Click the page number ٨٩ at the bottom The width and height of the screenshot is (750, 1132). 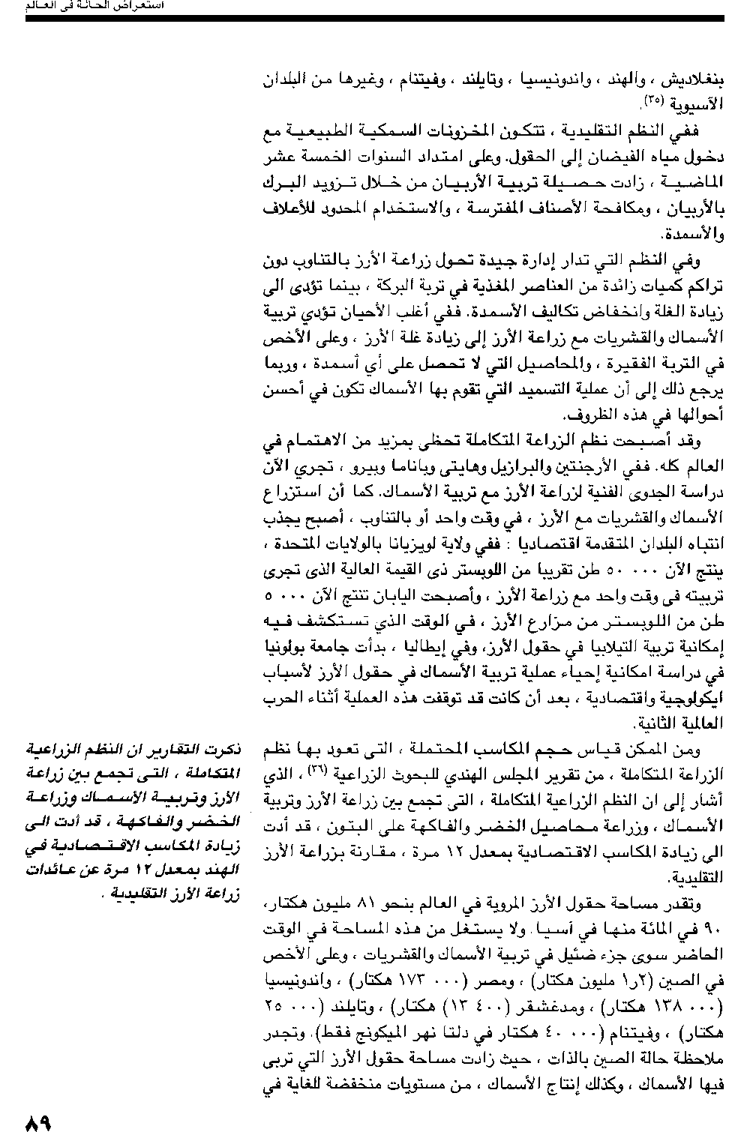[x=37, y=1122]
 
